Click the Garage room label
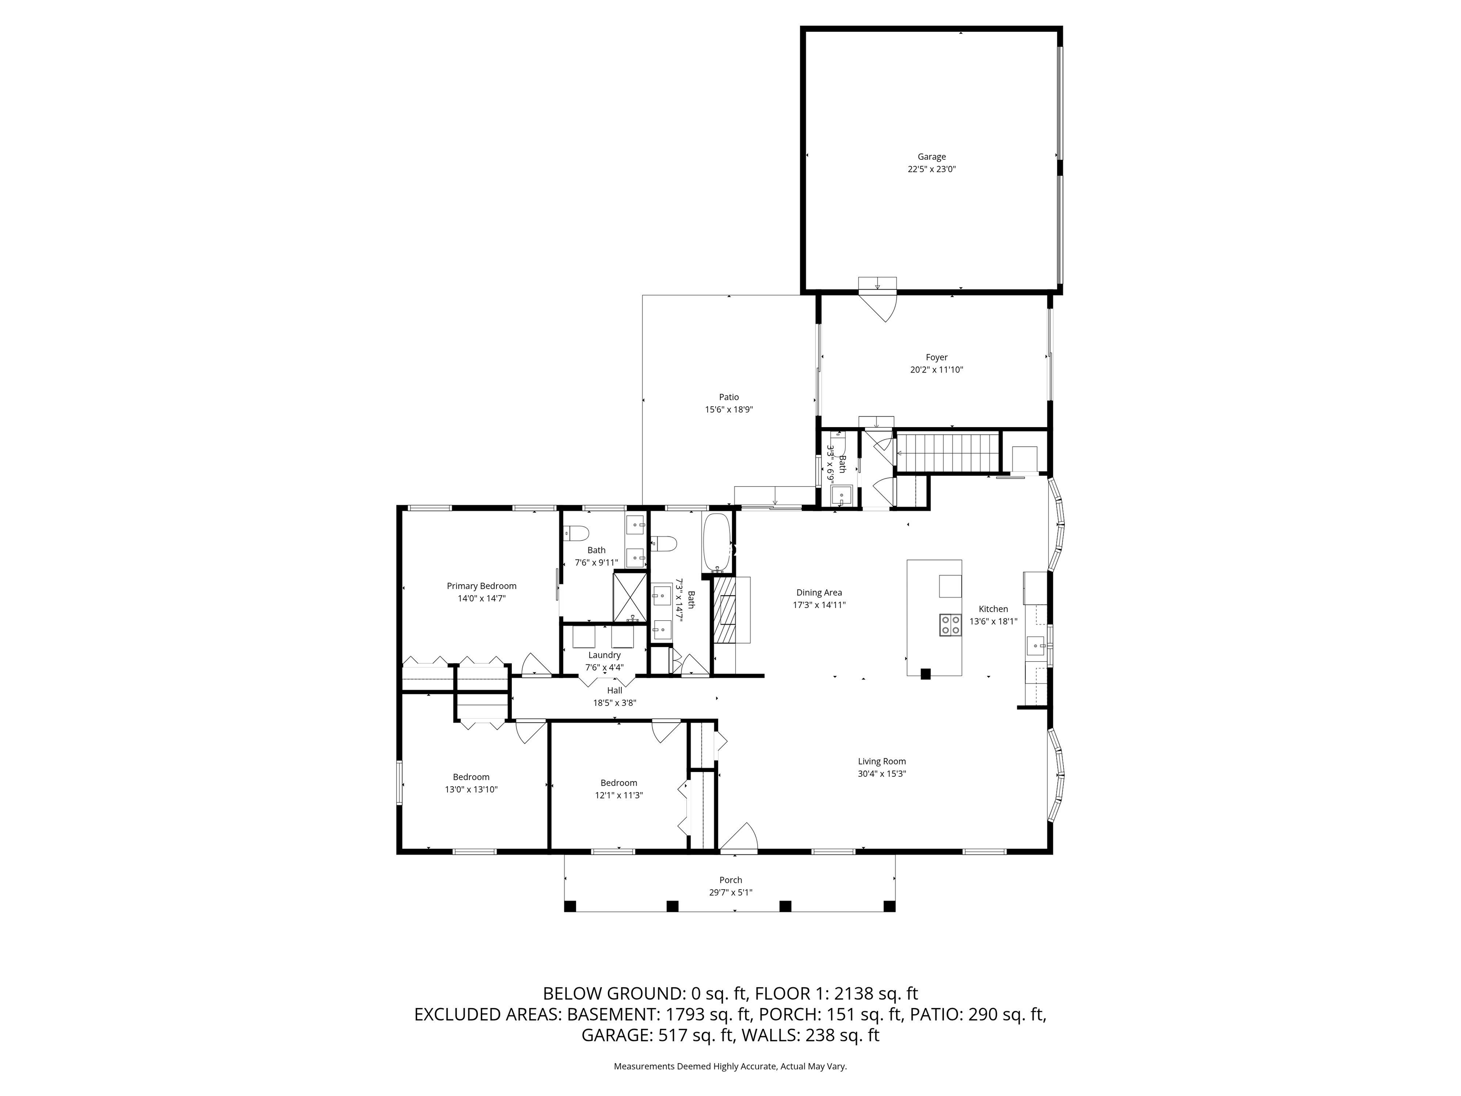click(931, 157)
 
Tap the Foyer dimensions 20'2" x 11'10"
click(936, 370)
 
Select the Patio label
click(729, 397)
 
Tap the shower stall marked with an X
click(630, 597)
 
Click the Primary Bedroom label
click(481, 586)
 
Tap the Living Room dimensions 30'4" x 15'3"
click(882, 773)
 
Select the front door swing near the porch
click(740, 838)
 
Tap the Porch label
click(730, 880)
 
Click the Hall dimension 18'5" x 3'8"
click(614, 703)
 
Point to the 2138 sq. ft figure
click(876, 994)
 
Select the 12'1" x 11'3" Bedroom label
click(618, 783)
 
